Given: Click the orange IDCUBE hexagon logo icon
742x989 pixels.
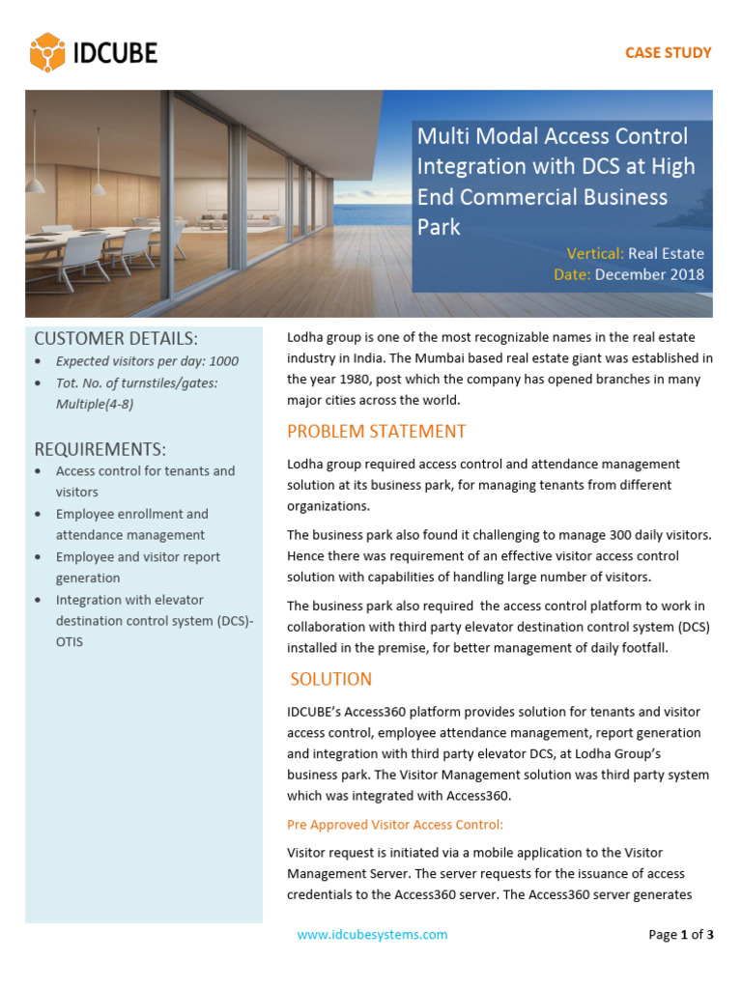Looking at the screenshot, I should [x=47, y=52].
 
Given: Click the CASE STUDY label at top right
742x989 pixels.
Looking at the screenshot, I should [x=668, y=52].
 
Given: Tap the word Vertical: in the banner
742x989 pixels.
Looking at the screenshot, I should [x=594, y=254].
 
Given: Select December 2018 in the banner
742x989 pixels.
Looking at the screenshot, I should [x=649, y=274].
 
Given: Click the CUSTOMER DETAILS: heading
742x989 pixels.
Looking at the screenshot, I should [x=116, y=338].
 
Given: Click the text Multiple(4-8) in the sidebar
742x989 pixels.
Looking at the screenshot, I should [x=95, y=404].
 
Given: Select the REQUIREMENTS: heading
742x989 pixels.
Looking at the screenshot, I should [x=100, y=449].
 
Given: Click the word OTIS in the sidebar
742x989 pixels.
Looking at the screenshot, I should [x=70, y=641].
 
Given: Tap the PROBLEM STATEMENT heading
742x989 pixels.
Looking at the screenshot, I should [x=377, y=431].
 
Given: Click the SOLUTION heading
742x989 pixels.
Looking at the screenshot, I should [x=331, y=679].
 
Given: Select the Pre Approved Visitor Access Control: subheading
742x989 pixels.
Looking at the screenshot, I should [x=395, y=824].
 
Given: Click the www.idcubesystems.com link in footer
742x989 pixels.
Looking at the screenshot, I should [x=372, y=934].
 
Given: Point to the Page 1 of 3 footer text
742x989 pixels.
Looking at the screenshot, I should [x=680, y=934].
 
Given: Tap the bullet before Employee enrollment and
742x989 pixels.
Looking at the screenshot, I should [x=37, y=515].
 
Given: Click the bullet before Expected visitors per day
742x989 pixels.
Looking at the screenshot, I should [x=37, y=362].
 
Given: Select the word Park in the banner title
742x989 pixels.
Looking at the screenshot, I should [x=439, y=227].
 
